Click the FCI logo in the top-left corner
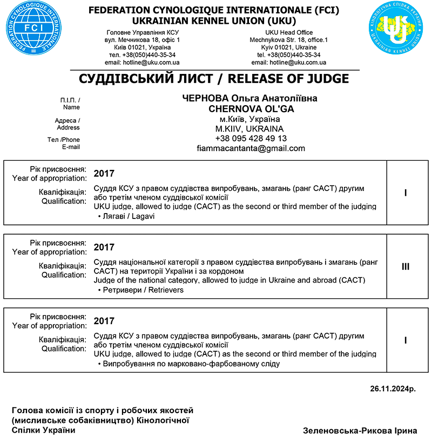(x=30, y=30)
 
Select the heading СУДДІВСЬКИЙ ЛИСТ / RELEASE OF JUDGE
(x=214, y=79)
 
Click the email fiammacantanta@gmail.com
(x=250, y=148)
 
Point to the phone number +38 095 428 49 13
(x=250, y=139)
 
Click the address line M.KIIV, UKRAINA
(x=250, y=129)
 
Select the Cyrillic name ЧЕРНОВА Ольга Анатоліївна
(x=250, y=99)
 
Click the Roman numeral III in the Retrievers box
(x=406, y=266)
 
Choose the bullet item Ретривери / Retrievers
(x=141, y=290)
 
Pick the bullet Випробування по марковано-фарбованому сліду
(x=189, y=364)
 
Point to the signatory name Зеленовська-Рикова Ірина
(x=360, y=430)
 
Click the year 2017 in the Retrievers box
(x=104, y=248)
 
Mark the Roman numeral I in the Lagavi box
(x=406, y=193)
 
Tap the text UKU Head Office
(x=289, y=33)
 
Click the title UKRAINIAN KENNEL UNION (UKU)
(x=214, y=21)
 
